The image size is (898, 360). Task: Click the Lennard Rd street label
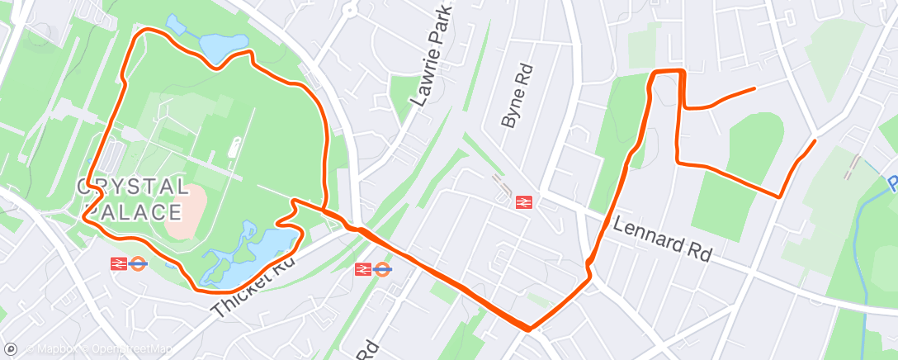(x=662, y=239)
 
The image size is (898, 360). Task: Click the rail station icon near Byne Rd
(x=522, y=201)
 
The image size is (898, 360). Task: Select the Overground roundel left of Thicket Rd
(x=138, y=264)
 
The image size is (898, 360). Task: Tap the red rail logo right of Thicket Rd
(x=362, y=269)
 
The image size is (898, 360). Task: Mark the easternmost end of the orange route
(x=815, y=142)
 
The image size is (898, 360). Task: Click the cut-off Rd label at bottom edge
(x=370, y=350)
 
